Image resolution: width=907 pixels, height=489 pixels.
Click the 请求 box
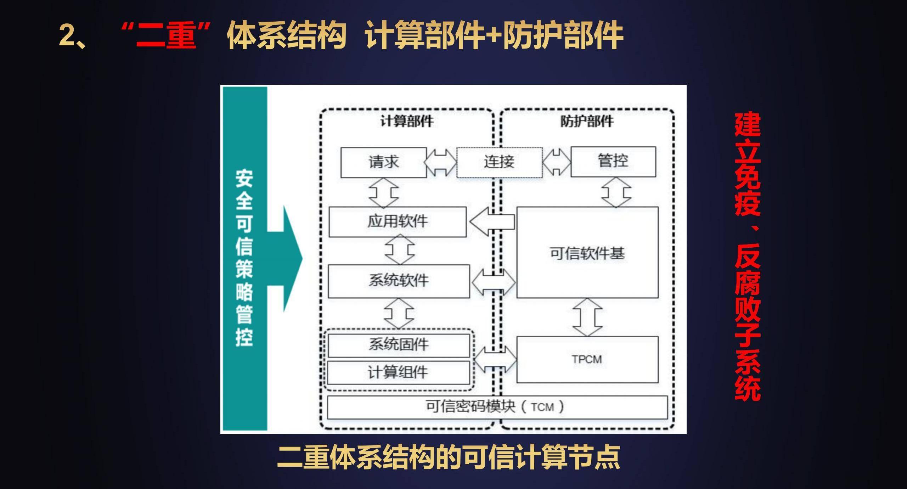pos(383,162)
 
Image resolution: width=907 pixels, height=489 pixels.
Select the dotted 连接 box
pos(499,162)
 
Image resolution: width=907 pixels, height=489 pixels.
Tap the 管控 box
pos(613,161)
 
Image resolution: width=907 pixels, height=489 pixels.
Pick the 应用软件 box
pos(397,222)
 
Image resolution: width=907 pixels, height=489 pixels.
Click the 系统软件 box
pos(399,281)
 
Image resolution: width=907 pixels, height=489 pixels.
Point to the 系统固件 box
pos(399,345)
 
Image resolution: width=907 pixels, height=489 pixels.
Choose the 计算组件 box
pos(398,372)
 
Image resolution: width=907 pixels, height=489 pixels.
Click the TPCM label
pos(587,359)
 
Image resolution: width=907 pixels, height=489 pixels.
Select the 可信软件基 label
pos(587,253)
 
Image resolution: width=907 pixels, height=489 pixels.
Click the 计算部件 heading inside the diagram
pos(407,121)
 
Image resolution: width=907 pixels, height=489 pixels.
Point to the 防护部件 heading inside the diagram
pos(587,121)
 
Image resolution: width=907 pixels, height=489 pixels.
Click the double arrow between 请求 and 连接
pos(441,163)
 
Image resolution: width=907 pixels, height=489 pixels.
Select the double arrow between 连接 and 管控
pos(556,162)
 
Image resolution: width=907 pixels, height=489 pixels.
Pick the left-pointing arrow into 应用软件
pos(492,222)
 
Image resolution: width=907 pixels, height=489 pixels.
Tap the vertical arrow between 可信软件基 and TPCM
pos(587,317)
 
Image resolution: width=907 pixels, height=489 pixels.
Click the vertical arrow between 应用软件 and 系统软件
pos(400,250)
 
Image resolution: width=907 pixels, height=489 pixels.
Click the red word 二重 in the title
pos(166,35)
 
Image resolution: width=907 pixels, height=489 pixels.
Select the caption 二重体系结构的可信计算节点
pos(449,457)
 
